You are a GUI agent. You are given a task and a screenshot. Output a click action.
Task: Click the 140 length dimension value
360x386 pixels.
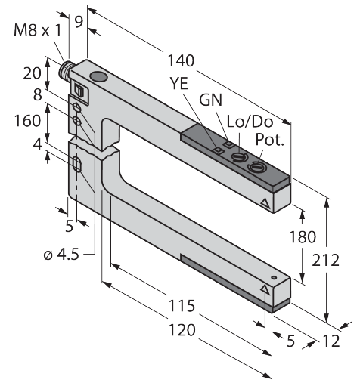(x=181, y=60)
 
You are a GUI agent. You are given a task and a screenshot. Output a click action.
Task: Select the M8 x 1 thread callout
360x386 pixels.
(x=38, y=30)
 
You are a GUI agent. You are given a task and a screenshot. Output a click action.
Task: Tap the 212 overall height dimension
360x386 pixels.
(x=325, y=260)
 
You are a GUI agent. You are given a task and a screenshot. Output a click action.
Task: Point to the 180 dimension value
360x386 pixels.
(x=302, y=237)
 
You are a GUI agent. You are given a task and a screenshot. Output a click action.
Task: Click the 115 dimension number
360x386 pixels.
(x=182, y=305)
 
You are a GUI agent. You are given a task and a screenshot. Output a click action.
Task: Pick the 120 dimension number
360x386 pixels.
(x=182, y=330)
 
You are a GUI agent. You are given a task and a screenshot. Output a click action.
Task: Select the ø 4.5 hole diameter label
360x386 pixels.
(x=61, y=255)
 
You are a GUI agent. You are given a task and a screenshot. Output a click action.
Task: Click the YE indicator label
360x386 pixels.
(x=179, y=83)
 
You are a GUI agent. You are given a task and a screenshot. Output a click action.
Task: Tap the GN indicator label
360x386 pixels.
(x=210, y=100)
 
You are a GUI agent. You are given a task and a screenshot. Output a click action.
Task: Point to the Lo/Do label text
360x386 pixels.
(x=250, y=122)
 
